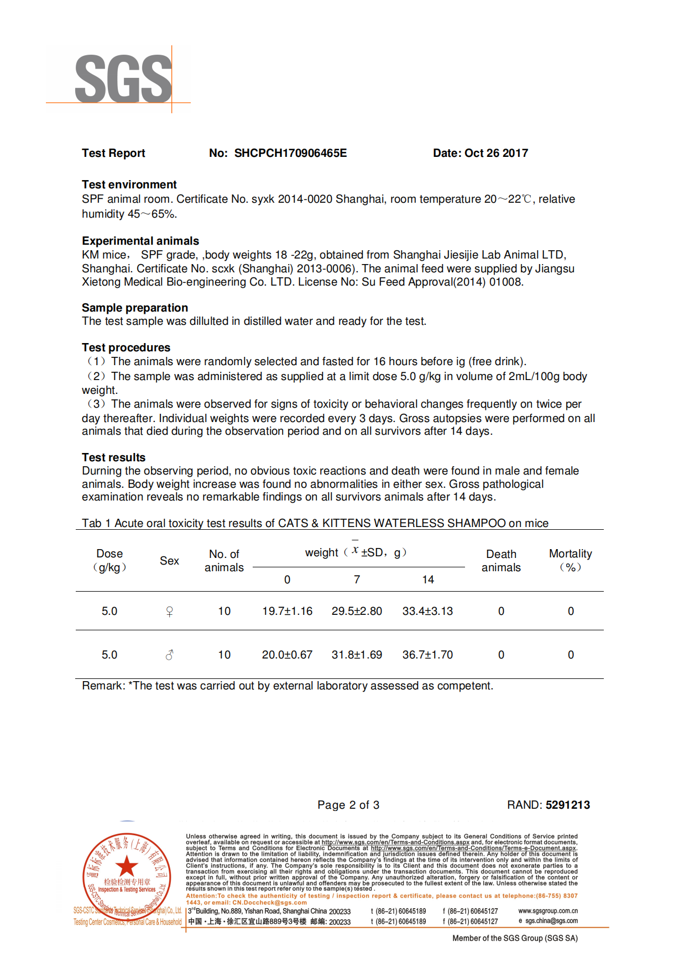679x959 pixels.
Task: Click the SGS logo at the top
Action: point(123,79)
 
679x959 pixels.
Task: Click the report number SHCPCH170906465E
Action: point(290,153)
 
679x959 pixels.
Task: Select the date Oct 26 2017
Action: point(496,153)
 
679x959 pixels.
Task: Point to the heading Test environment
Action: point(129,185)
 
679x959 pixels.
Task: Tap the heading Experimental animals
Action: point(140,241)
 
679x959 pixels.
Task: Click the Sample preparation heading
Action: point(134,308)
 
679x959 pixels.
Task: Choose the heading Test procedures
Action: point(126,347)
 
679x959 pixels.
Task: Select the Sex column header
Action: point(169,561)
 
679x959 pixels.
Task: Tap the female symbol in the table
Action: point(170,612)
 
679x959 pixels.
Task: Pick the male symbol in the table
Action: point(170,655)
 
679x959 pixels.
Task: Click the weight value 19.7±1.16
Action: point(287,611)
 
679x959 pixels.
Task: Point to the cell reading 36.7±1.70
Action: point(427,655)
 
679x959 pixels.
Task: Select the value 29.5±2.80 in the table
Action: point(357,611)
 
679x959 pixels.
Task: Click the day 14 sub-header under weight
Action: point(428,579)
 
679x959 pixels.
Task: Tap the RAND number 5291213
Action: point(568,805)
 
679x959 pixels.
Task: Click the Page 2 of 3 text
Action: point(348,805)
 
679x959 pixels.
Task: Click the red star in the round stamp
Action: point(127,866)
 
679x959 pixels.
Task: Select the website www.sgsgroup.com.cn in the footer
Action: point(548,911)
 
